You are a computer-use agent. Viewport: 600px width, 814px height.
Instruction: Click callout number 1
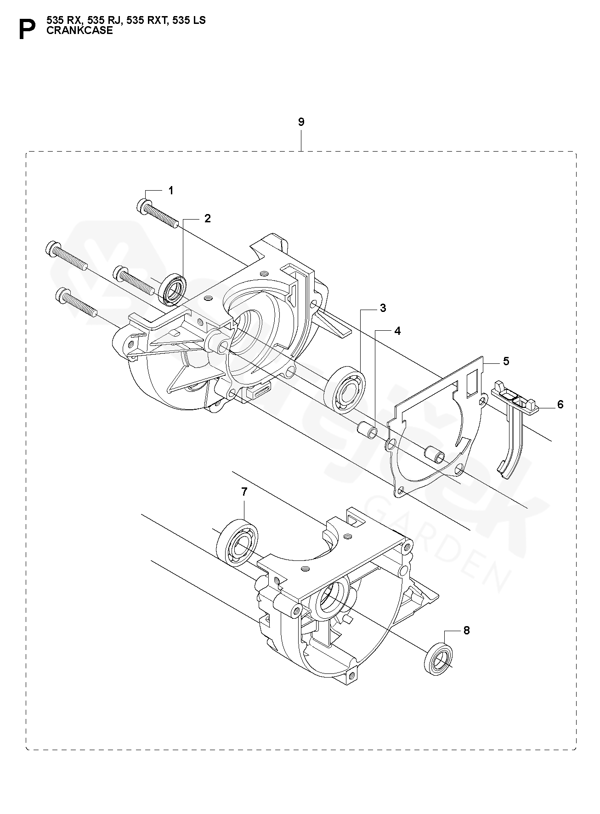[x=171, y=190]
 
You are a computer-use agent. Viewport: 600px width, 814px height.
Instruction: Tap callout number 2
[x=208, y=219]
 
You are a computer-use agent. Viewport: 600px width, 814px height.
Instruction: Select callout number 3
[x=383, y=308]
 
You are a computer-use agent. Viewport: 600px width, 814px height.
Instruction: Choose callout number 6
[x=560, y=404]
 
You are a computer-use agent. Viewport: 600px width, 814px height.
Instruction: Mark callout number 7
[x=244, y=492]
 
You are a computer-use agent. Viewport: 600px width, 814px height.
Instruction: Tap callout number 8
[x=466, y=631]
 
